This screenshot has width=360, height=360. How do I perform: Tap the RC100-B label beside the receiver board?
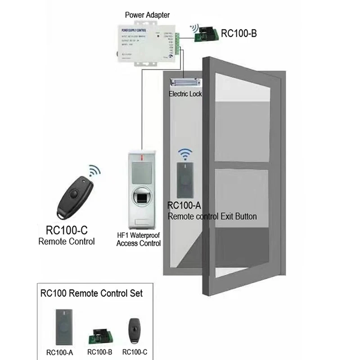pos(238,33)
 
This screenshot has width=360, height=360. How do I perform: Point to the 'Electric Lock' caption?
pos(185,94)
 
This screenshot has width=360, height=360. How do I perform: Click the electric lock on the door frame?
pos(185,84)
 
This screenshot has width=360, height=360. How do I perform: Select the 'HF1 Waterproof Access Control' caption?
pos(138,239)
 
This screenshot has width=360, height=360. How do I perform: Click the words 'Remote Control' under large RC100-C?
pos(66,242)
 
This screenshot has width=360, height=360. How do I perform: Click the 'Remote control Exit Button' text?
pos(212,216)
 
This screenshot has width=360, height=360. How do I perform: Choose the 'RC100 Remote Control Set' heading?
pos(91,293)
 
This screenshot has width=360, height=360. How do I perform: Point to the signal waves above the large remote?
pos(94,171)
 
